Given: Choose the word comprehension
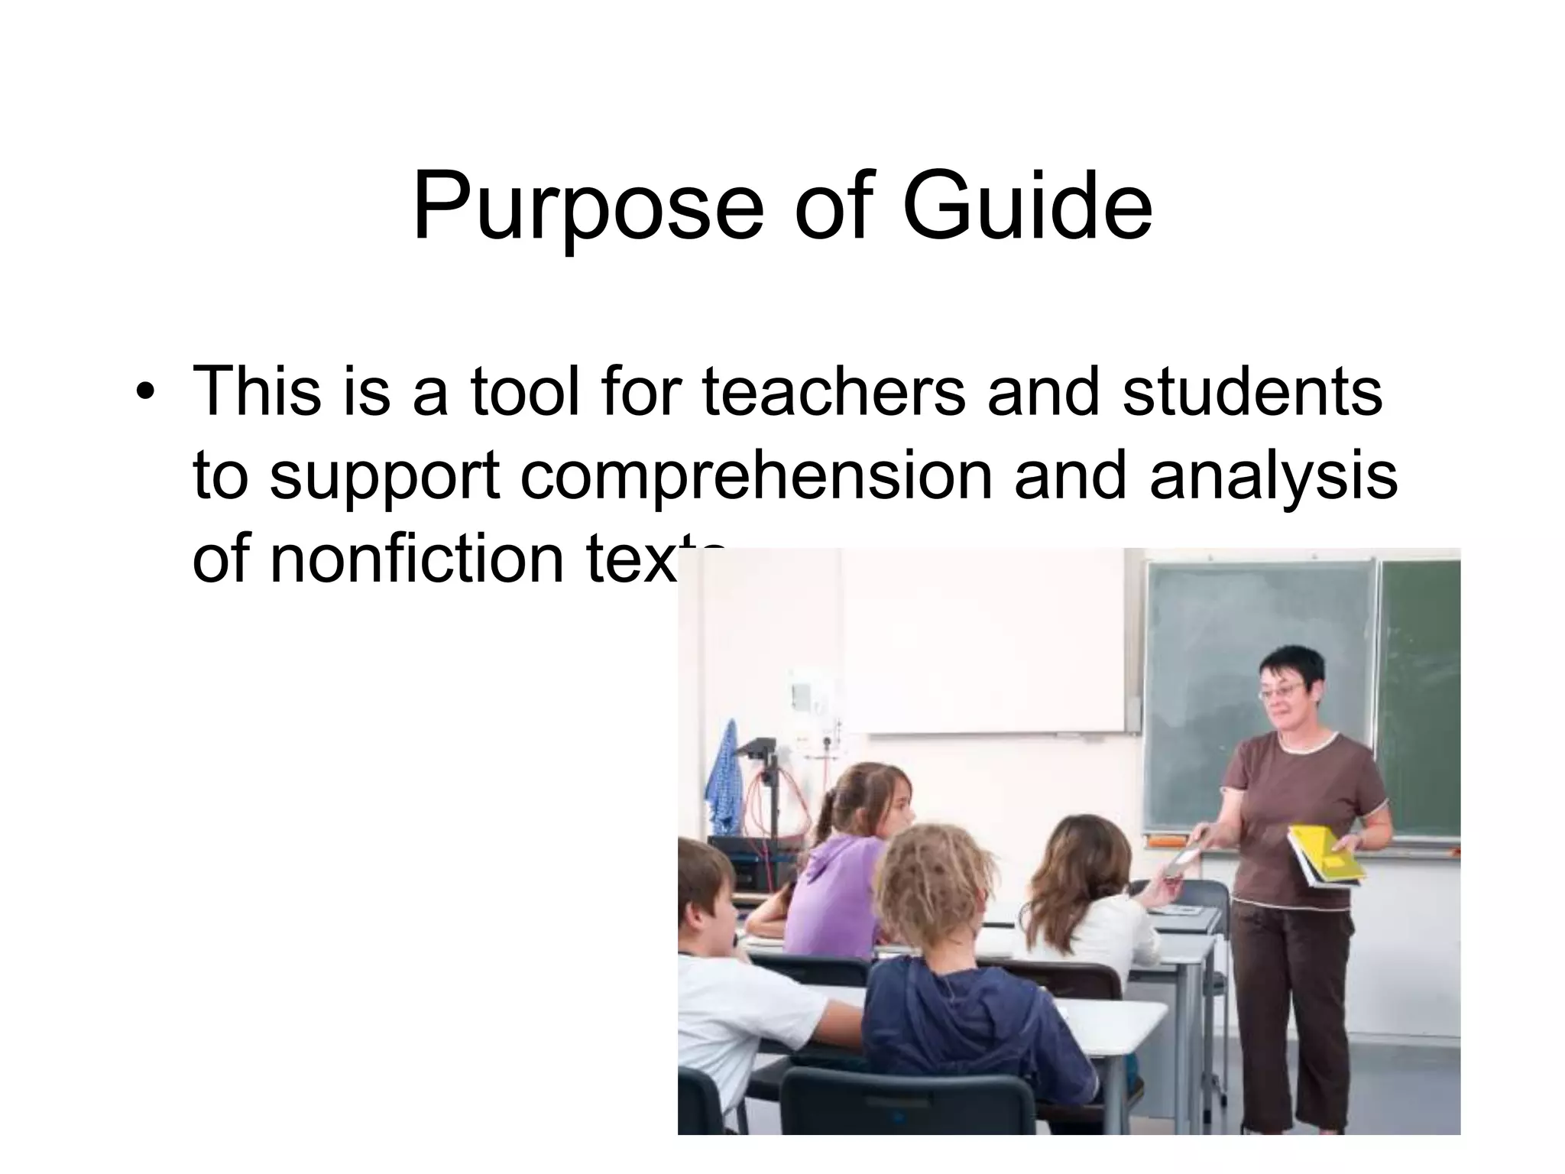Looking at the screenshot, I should (x=756, y=475).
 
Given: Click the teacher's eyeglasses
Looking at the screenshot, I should (x=1281, y=692).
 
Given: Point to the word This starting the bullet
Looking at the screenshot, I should (x=257, y=391).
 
